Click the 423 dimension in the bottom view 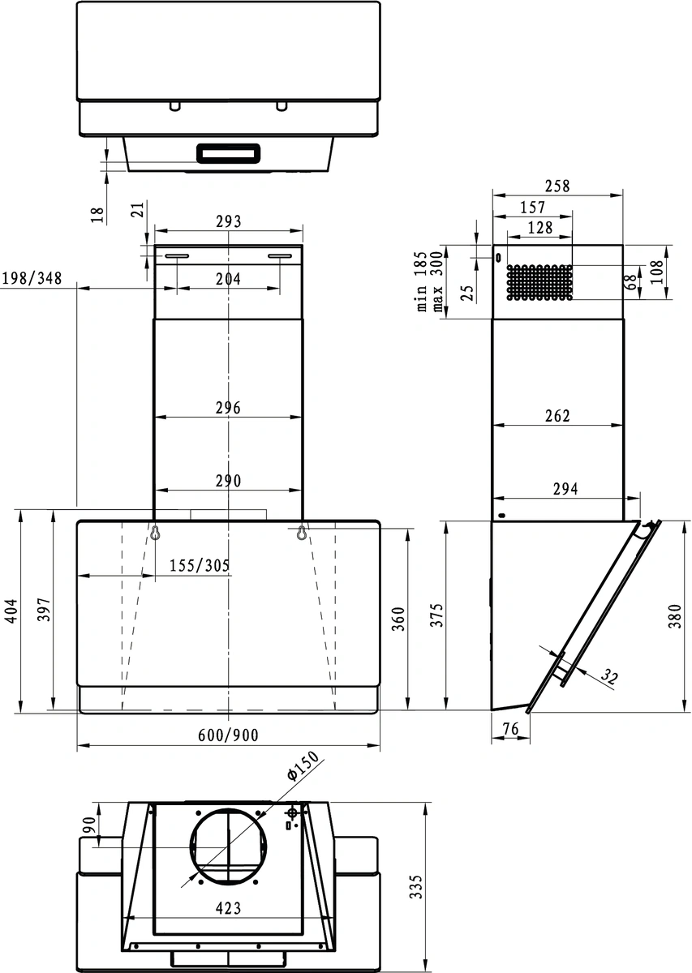tap(228, 908)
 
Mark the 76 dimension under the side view tap(510, 729)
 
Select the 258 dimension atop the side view tap(557, 186)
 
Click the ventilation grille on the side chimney tap(539, 282)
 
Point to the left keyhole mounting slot tap(154, 533)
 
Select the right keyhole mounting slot tap(302, 533)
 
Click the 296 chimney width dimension tap(228, 408)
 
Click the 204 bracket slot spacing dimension tap(228, 278)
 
